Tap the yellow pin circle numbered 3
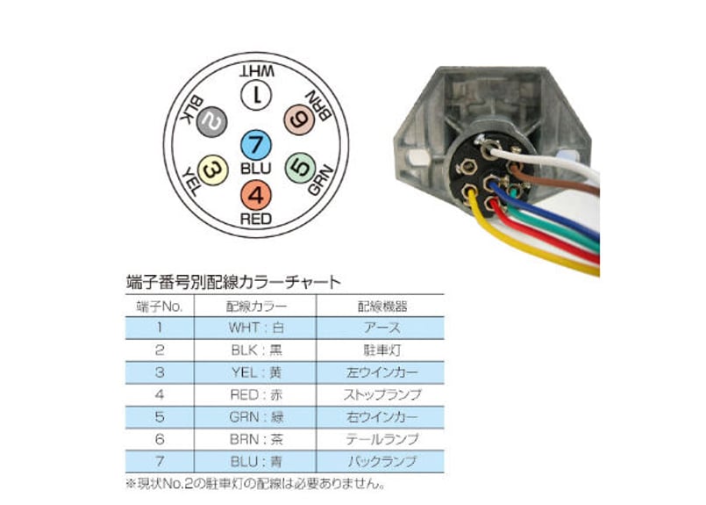213,170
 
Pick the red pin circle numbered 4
255,193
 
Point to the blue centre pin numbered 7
255,145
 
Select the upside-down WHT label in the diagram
256,70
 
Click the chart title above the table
234,283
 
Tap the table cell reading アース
381,328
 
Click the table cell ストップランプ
381,393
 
